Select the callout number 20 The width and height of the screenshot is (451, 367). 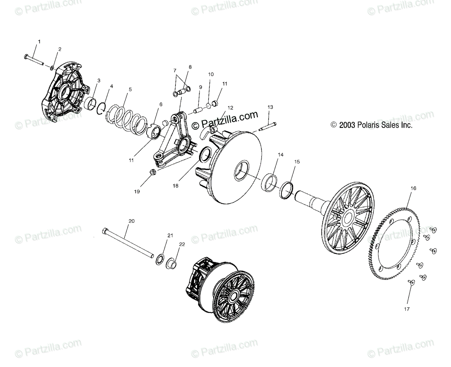(x=131, y=221)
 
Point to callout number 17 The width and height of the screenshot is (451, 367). (x=407, y=309)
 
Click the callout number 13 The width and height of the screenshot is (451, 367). (x=270, y=107)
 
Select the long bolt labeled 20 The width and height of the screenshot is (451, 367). (x=128, y=244)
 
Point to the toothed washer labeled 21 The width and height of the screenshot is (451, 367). (x=160, y=259)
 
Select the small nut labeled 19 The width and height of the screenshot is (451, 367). (x=153, y=172)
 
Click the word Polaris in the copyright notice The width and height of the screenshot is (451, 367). (x=361, y=125)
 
